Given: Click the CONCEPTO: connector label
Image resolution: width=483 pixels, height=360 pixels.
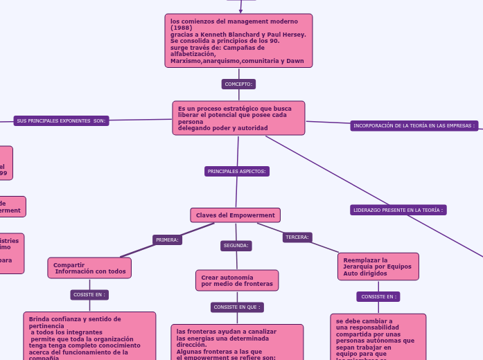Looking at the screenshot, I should click(238, 84).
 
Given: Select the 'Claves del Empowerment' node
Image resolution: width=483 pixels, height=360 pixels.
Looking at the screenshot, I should click(235, 215).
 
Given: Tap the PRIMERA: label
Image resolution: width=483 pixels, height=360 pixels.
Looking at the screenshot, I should click(167, 240).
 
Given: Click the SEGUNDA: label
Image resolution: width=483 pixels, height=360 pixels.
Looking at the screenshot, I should click(236, 245).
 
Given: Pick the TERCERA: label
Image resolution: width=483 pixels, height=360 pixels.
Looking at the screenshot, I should click(297, 237).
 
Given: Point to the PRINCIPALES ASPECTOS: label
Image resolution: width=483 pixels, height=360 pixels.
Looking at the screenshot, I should click(237, 171).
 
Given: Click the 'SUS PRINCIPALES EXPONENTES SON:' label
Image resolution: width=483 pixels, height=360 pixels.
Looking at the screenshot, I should click(61, 120).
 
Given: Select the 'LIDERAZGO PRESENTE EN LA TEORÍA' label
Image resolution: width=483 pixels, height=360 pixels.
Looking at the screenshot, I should click(398, 209).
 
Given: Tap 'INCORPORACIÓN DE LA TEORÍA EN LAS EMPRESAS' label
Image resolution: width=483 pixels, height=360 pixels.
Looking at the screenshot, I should click(414, 125).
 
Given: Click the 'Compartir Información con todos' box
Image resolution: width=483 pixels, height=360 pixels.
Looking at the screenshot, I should click(89, 268).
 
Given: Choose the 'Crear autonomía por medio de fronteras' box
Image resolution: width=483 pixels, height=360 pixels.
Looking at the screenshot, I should click(237, 280).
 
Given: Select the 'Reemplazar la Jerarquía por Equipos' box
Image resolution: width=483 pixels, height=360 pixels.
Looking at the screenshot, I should click(378, 267).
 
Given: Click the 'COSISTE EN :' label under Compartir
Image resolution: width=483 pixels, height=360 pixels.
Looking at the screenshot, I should click(89, 294).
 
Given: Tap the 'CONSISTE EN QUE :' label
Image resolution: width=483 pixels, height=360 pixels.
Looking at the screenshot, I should click(237, 307).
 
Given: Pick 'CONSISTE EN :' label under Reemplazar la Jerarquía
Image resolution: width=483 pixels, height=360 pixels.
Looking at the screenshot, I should click(378, 296).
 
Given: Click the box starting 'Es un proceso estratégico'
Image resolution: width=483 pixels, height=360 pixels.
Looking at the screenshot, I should click(238, 118).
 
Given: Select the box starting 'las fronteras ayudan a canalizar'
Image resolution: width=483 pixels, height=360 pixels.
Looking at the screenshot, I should click(237, 342).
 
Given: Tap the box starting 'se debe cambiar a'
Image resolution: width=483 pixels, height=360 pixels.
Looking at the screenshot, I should click(378, 337).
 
